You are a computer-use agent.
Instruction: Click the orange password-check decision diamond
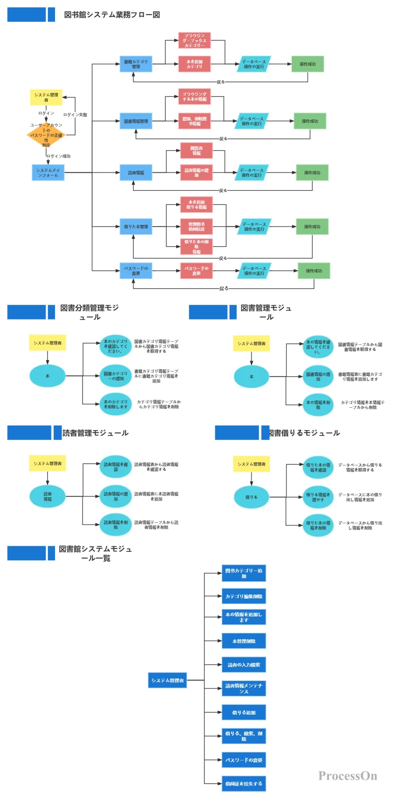pyautogui.click(x=46, y=135)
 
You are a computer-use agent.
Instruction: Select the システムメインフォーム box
pyautogui.click(x=48, y=173)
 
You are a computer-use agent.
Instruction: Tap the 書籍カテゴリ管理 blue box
pyautogui.click(x=136, y=64)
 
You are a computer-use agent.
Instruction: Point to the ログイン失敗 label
pyautogui.click(x=75, y=115)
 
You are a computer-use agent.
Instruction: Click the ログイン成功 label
pyautogui.click(x=59, y=156)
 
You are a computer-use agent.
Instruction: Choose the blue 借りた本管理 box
pyautogui.click(x=136, y=226)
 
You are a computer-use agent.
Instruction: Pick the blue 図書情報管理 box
pyautogui.click(x=136, y=121)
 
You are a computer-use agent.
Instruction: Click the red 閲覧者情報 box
pyautogui.click(x=196, y=151)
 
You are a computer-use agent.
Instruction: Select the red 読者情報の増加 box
pyautogui.click(x=196, y=173)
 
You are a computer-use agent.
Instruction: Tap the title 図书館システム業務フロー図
pyautogui.click(x=112, y=15)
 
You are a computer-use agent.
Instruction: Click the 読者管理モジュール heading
pyautogui.click(x=95, y=433)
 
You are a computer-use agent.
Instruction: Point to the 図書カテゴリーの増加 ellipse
pyautogui.click(x=116, y=376)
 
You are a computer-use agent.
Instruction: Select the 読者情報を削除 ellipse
pyautogui.click(x=116, y=525)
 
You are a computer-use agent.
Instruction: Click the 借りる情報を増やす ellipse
pyautogui.click(x=318, y=497)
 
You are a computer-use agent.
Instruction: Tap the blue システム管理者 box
pyautogui.click(x=167, y=680)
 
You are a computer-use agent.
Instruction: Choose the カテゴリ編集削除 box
pyautogui.click(x=244, y=596)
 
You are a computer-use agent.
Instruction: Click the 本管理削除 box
pyautogui.click(x=244, y=641)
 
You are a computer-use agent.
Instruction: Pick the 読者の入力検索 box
pyautogui.click(x=244, y=665)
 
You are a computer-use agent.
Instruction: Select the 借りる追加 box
pyautogui.click(x=244, y=712)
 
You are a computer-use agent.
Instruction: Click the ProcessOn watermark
pyautogui.click(x=347, y=776)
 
